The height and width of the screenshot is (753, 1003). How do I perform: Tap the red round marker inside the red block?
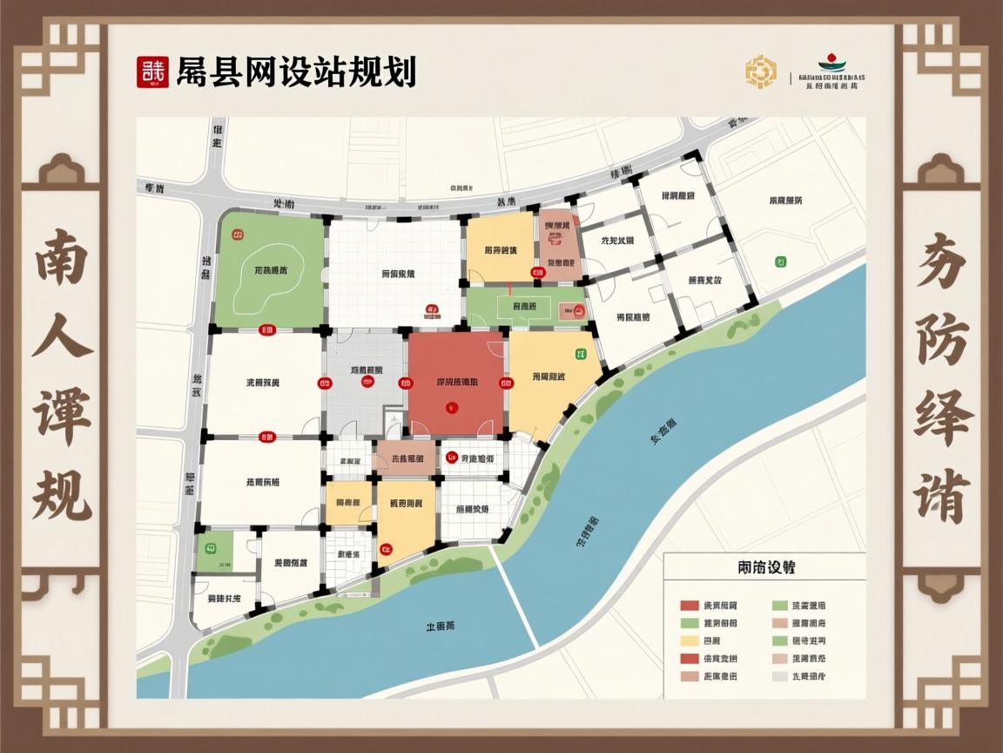tap(450, 405)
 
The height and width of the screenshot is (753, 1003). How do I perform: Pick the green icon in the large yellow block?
tap(581, 354)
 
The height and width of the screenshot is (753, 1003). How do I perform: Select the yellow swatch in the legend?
tap(690, 641)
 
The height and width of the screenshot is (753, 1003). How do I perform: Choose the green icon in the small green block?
tap(210, 548)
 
